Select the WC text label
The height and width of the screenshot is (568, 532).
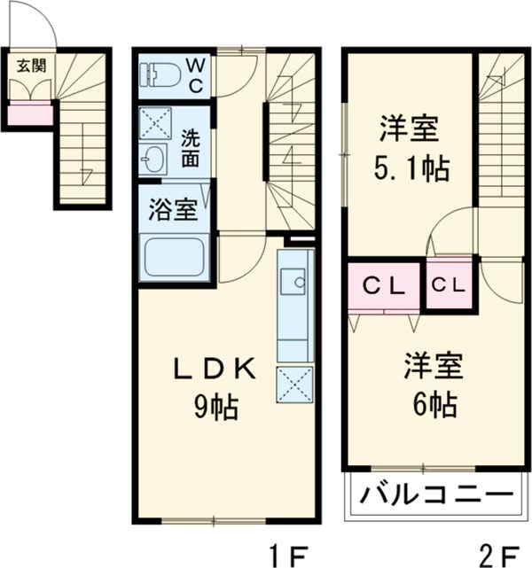point(196,74)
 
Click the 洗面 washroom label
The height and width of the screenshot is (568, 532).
point(191,148)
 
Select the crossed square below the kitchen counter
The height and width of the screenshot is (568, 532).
point(293,384)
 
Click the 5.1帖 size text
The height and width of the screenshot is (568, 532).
point(409,166)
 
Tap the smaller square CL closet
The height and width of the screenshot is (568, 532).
point(450,285)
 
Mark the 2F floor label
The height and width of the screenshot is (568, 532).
point(496,555)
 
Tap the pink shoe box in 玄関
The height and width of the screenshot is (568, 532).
point(30,113)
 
